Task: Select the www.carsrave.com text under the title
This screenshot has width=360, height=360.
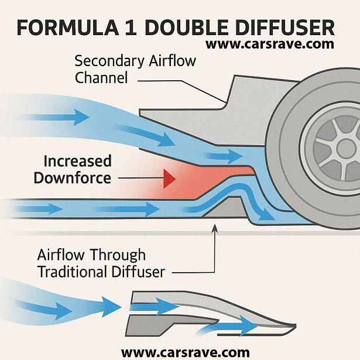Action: (x=270, y=44)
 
